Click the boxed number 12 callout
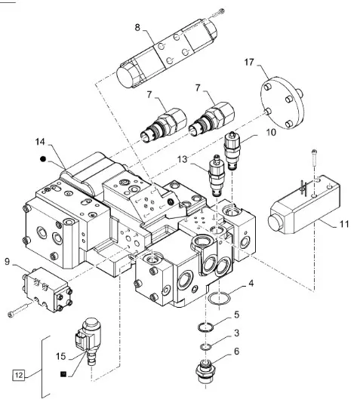19,375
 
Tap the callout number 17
249,62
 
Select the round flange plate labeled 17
282,103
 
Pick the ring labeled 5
205,327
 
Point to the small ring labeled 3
205,347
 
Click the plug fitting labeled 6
206,371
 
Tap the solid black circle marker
43,159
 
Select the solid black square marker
63,374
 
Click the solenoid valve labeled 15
88,340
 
